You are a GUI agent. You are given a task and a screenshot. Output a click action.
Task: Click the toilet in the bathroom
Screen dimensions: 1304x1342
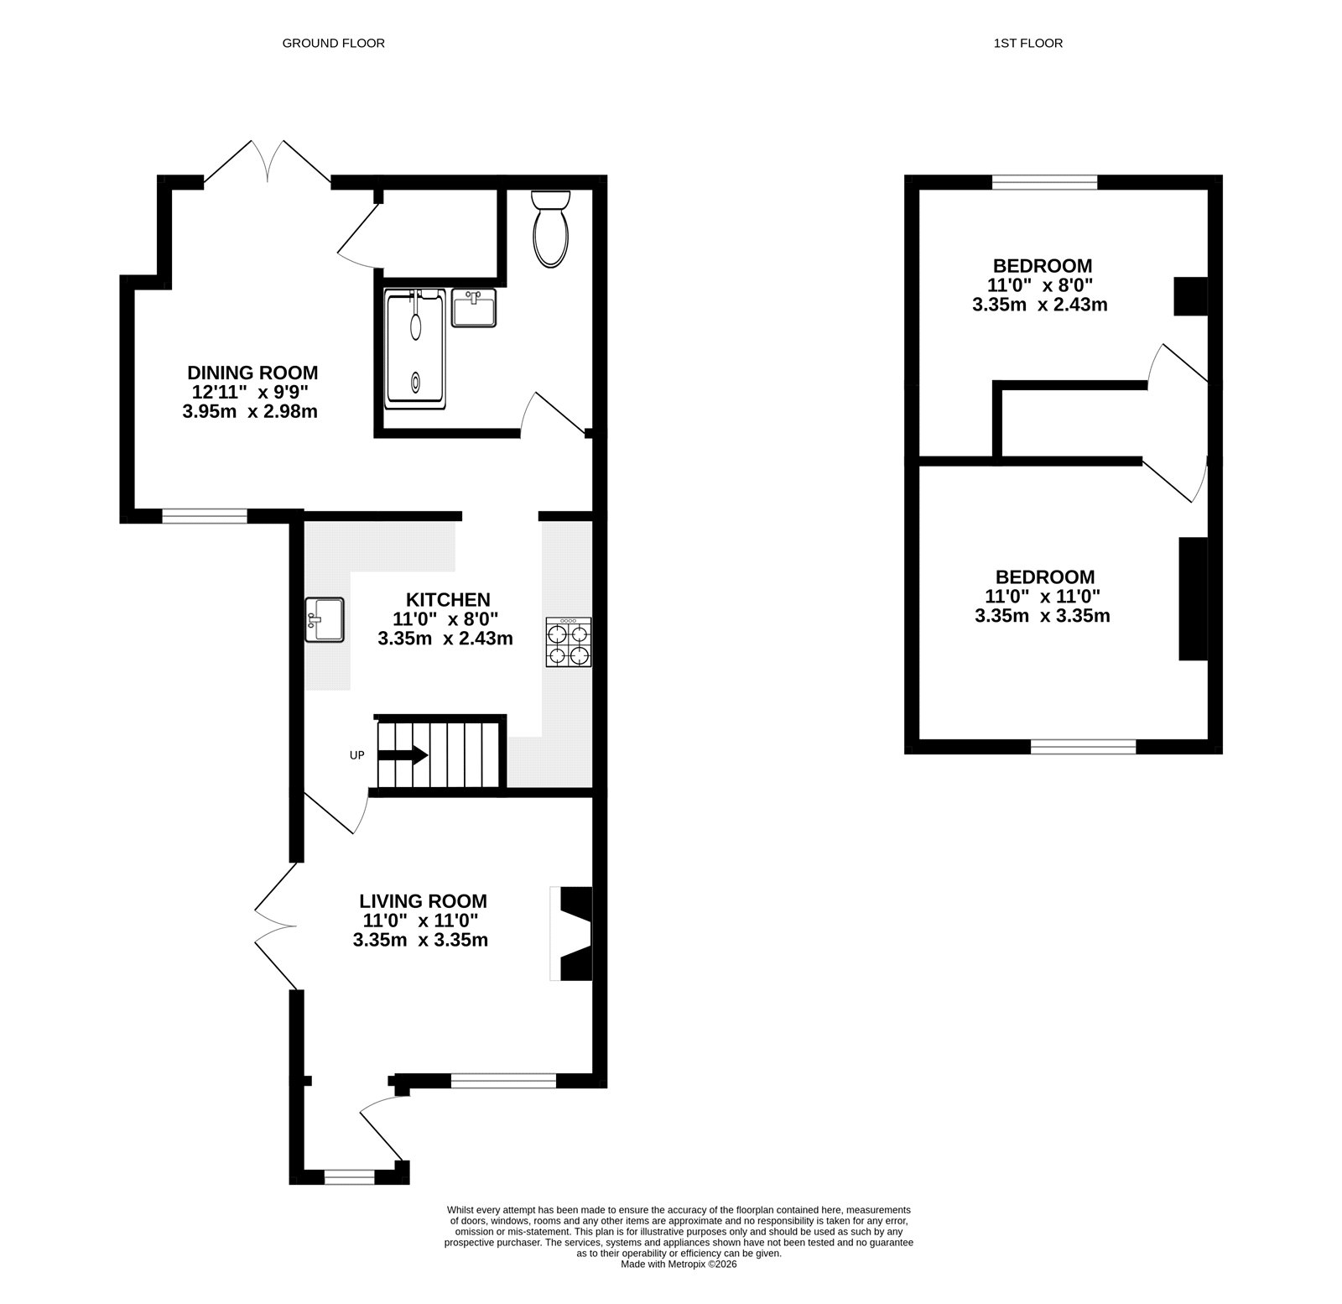pos(551,228)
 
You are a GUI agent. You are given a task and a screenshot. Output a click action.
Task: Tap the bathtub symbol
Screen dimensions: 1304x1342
pos(415,349)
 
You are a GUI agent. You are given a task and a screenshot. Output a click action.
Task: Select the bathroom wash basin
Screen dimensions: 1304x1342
pos(474,307)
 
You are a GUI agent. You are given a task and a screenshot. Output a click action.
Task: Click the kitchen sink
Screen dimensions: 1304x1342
pos(325,620)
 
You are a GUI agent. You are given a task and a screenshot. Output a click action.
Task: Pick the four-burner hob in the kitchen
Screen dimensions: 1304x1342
pos(569,642)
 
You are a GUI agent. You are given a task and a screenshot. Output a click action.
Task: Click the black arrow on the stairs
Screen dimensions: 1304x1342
pos(403,755)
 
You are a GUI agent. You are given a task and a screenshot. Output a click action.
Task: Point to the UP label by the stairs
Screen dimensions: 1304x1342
pos(357,755)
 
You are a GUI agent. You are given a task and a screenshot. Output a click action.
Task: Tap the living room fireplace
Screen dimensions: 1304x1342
pos(573,932)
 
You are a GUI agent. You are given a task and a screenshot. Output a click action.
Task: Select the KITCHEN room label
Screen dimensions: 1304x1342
pos(448,599)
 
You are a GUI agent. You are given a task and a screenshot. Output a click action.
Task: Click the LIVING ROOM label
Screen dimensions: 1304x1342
pos(423,901)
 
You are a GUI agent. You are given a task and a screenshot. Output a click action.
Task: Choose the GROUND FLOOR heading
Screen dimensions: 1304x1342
pos(333,43)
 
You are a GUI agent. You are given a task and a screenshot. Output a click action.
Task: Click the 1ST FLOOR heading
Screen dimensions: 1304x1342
pos(1027,43)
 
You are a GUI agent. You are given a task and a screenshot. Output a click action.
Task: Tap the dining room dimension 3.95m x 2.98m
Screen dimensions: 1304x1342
pos(250,411)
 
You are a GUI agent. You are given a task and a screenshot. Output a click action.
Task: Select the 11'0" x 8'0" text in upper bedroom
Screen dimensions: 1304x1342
pos(1040,285)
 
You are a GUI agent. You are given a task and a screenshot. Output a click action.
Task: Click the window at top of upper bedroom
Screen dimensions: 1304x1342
pos(1044,181)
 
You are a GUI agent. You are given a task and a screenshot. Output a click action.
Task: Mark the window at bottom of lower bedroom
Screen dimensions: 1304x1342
pos(1083,746)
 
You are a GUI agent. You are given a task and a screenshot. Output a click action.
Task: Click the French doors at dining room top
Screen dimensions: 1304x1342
pos(268,162)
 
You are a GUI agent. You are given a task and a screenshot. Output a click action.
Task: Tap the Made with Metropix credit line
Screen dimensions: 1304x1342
pos(679,1287)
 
